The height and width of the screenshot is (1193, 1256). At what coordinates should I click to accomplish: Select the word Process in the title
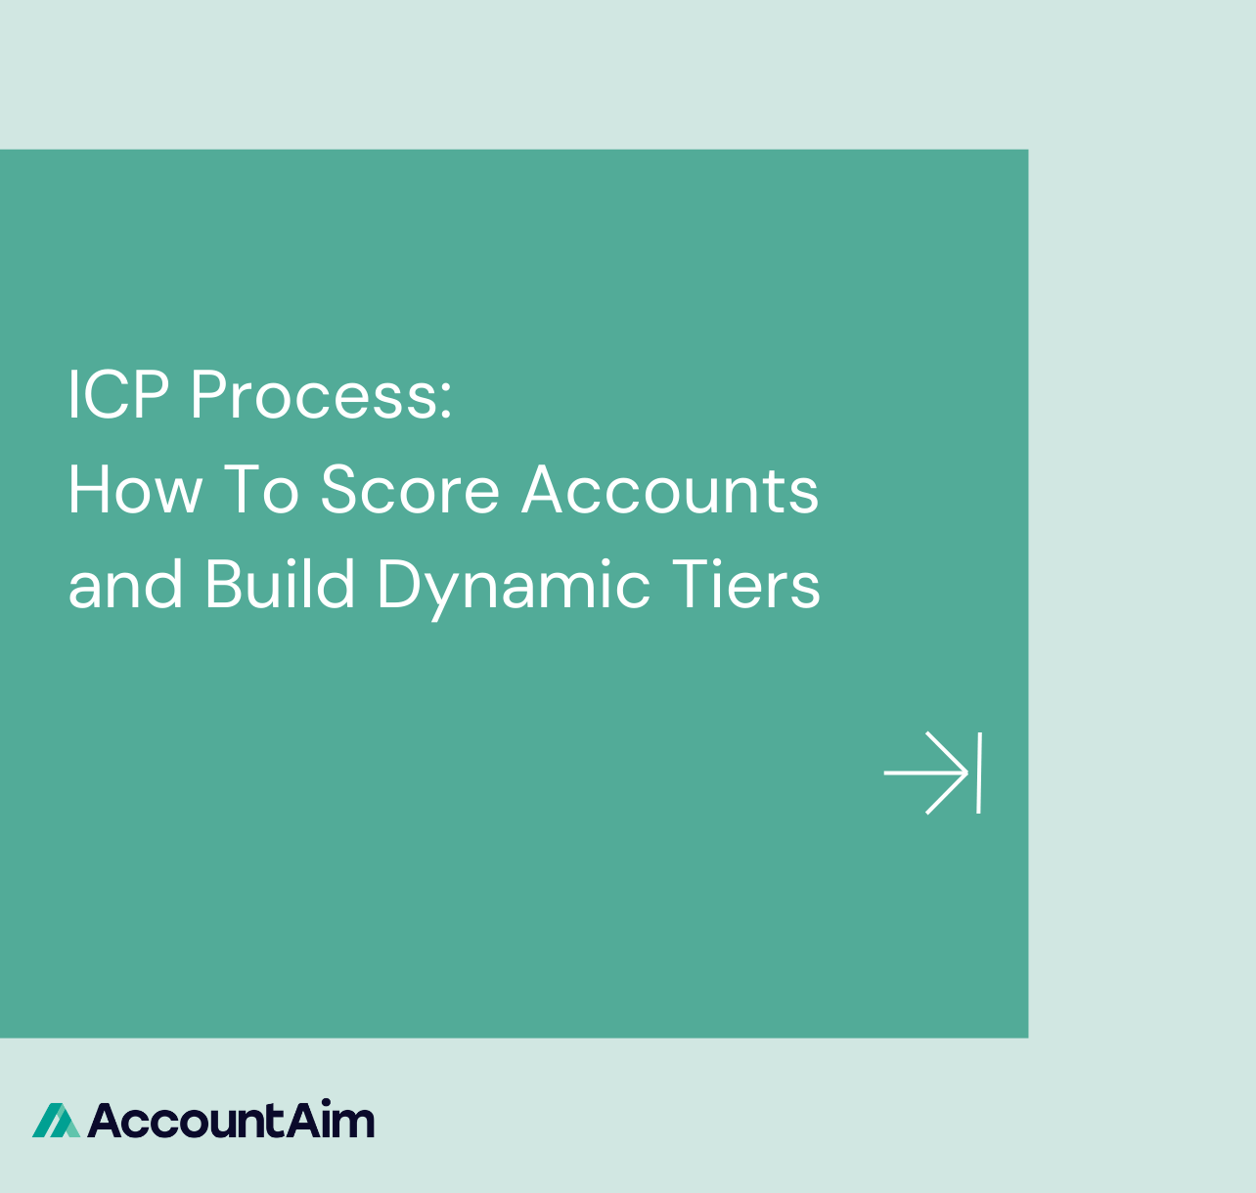[x=312, y=395]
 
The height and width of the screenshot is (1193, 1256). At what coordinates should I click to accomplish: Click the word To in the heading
[x=261, y=490]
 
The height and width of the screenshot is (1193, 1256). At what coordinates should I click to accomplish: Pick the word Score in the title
[x=410, y=490]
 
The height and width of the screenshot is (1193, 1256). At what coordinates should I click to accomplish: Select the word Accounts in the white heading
[x=670, y=490]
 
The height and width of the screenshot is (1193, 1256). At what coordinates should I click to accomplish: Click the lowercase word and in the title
[x=125, y=585]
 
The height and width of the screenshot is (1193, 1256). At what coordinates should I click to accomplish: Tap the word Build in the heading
[x=280, y=585]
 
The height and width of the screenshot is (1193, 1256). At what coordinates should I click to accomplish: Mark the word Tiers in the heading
[x=745, y=585]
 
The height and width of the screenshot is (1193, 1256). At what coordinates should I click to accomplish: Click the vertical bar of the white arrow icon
[x=978, y=773]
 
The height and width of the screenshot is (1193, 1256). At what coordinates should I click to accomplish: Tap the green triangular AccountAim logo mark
[x=56, y=1121]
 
